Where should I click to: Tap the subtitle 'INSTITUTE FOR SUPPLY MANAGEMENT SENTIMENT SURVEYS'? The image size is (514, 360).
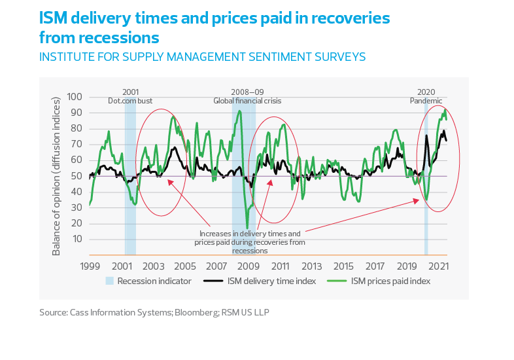point(202,57)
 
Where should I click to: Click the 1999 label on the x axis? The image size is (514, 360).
point(90,266)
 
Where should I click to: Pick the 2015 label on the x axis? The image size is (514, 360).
point(344,266)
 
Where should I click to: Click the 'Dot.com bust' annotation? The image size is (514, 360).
point(129,101)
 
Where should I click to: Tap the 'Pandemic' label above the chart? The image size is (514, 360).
point(426,101)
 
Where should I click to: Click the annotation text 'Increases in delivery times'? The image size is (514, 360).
point(250,234)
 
